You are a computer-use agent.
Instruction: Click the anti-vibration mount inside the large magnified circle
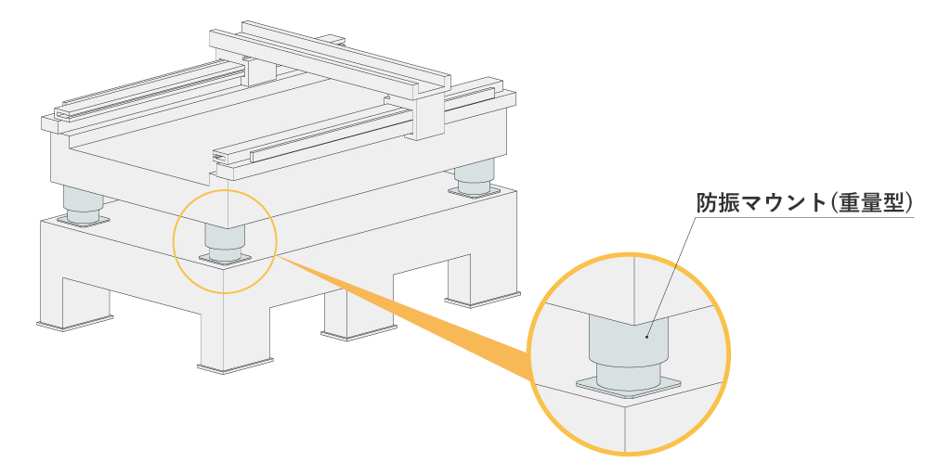point(628,348)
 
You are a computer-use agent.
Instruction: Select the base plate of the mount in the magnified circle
point(628,387)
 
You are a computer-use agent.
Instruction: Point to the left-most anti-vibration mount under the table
point(84,205)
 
